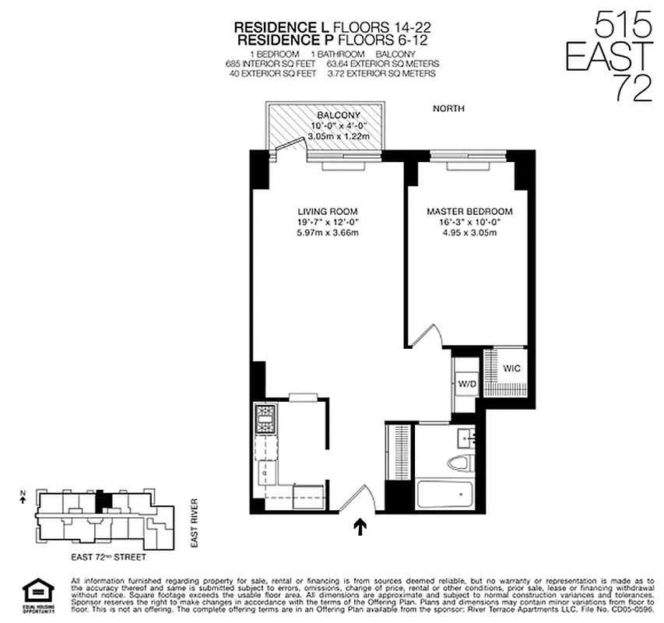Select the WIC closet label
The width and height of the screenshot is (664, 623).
(511, 368)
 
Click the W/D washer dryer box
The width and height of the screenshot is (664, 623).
(466, 382)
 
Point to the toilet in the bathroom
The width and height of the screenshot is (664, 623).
(459, 464)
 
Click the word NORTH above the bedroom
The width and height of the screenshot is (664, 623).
(448, 109)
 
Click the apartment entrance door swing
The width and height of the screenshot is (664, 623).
(358, 498)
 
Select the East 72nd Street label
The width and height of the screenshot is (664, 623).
(108, 558)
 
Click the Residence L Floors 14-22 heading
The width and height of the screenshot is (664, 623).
(332, 27)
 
